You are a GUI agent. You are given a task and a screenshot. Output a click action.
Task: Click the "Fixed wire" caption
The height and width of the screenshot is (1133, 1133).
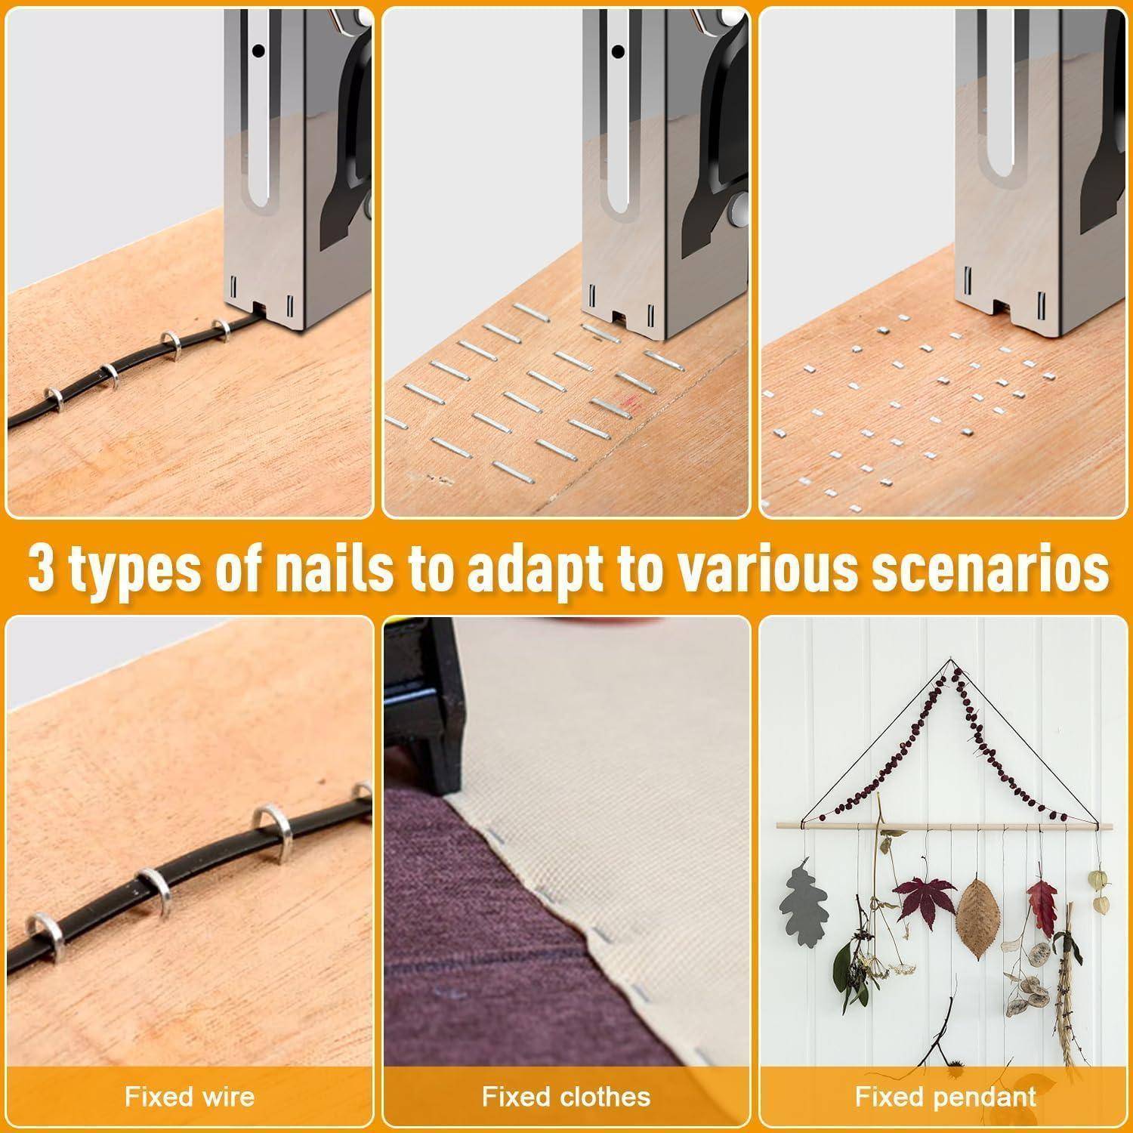point(190,1097)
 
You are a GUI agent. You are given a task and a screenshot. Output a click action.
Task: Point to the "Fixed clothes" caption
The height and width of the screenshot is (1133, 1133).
point(566,1097)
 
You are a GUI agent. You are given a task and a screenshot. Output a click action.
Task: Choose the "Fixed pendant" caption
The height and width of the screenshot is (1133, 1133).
point(946,1097)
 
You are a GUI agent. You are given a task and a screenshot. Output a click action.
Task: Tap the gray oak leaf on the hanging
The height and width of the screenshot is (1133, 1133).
point(803,903)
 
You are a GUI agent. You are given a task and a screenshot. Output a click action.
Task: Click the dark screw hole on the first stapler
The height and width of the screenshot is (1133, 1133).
point(258,51)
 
